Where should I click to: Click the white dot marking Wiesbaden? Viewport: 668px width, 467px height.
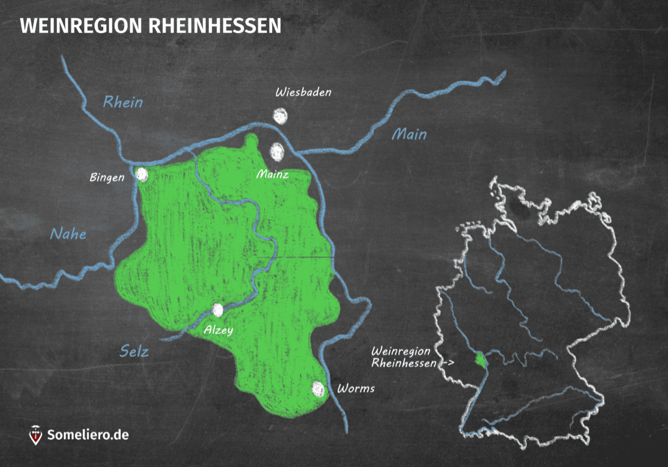tap(280, 116)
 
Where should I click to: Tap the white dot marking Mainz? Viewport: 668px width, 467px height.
tap(277, 152)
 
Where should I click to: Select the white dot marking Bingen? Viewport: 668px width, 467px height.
tap(142, 175)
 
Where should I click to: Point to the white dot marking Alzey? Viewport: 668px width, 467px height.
tap(217, 310)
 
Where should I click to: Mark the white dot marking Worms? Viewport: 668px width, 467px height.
tap(318, 389)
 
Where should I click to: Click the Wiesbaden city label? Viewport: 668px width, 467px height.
tap(303, 92)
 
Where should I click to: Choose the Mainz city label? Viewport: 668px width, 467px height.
tap(272, 174)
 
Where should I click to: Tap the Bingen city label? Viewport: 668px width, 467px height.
tap(107, 177)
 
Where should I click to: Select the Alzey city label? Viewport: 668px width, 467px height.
tap(218, 330)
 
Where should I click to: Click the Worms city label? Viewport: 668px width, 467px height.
tap(356, 389)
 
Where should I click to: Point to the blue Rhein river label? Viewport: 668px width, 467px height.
tap(123, 102)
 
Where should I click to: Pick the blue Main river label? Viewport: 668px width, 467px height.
tap(409, 134)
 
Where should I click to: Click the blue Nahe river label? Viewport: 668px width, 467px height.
tap(68, 233)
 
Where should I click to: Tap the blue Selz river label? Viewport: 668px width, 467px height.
tap(134, 351)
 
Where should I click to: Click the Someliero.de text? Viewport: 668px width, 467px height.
tap(88, 435)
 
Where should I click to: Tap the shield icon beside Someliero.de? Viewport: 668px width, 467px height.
tap(35, 435)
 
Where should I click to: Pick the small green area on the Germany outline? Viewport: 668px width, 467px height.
tap(479, 360)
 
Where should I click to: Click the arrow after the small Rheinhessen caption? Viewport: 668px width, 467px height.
tap(446, 363)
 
